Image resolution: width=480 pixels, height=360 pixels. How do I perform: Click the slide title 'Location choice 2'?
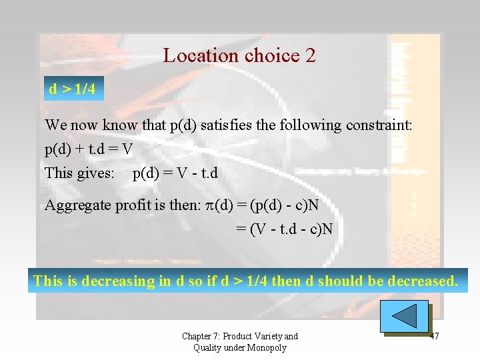[239, 55]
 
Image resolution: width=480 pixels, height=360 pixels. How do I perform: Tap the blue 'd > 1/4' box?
[72, 89]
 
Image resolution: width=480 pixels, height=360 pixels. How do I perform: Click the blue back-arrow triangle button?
[405, 315]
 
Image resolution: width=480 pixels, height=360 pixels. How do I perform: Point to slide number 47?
[435, 336]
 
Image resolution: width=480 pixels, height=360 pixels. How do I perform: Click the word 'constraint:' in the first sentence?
[379, 125]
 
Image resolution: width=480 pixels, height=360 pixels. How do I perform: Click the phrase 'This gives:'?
[79, 173]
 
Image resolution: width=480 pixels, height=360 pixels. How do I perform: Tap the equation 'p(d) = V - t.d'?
[175, 173]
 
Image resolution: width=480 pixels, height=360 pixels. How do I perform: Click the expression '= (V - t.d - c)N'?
[285, 229]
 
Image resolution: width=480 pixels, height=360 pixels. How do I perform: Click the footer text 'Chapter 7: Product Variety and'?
[240, 336]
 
